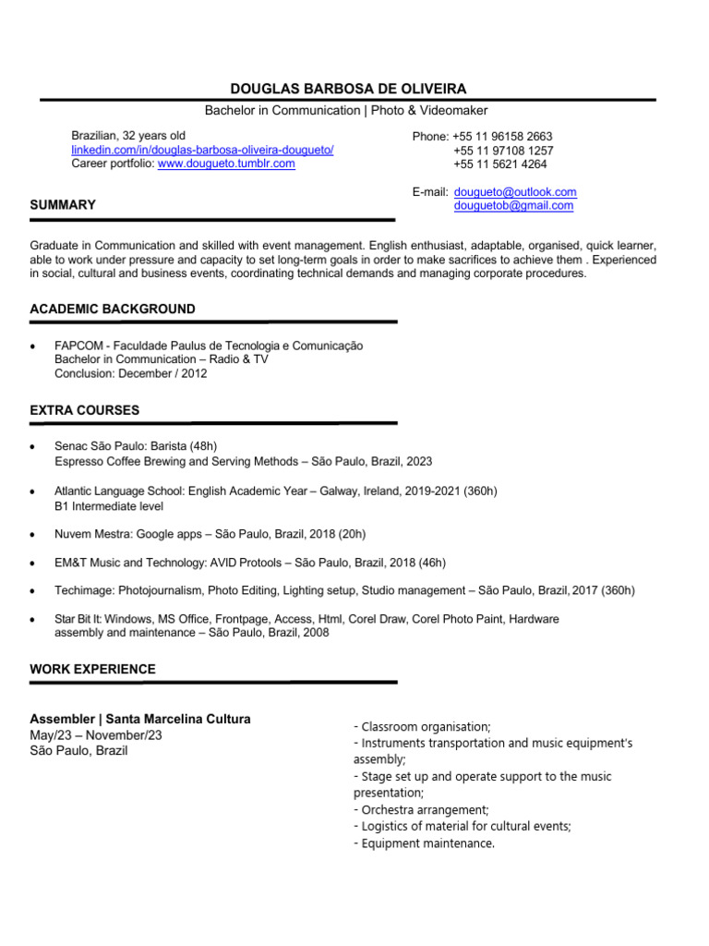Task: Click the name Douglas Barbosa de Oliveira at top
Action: pyautogui.click(x=348, y=89)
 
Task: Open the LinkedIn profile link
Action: pyautogui.click(x=202, y=150)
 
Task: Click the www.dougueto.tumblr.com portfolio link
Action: pyautogui.click(x=226, y=164)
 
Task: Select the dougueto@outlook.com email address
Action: pyautogui.click(x=515, y=192)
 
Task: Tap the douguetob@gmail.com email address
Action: pyautogui.click(x=513, y=206)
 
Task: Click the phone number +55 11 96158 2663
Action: pyautogui.click(x=502, y=137)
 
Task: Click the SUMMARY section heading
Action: pyautogui.click(x=63, y=205)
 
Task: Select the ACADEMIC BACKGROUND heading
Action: pyautogui.click(x=113, y=309)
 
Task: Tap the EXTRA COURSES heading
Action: pyautogui.click(x=85, y=409)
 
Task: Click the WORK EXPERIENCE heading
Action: pyautogui.click(x=93, y=669)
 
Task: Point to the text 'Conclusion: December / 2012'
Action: pyautogui.click(x=131, y=374)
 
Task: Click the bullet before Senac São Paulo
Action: pyautogui.click(x=34, y=446)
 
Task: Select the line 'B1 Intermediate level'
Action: pyautogui.click(x=109, y=506)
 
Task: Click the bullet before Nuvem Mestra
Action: pyautogui.click(x=34, y=535)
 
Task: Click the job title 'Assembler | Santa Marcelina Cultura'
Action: pyautogui.click(x=140, y=719)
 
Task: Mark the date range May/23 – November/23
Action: pyautogui.click(x=96, y=735)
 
